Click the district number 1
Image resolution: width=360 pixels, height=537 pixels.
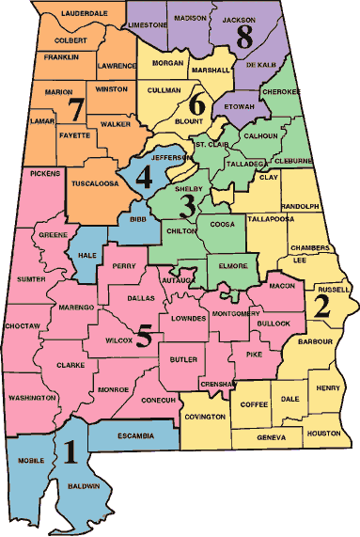(70, 452)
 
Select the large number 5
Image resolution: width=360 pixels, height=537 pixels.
(144, 336)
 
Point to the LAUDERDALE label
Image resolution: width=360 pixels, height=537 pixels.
(71, 14)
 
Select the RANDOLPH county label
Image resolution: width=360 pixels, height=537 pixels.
(301, 206)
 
